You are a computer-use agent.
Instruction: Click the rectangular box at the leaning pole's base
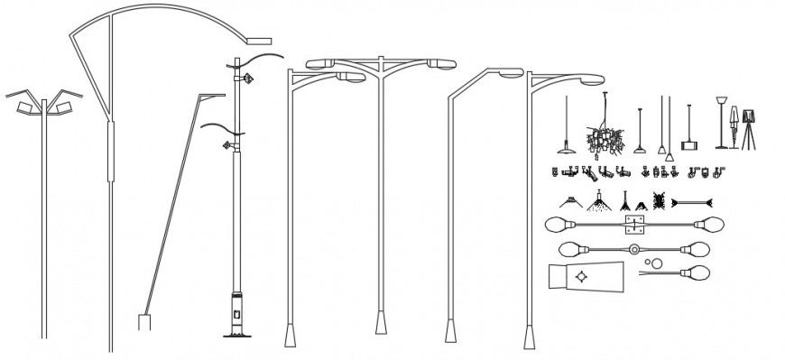(x=143, y=322)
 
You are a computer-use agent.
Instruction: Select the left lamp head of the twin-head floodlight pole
(x=25, y=107)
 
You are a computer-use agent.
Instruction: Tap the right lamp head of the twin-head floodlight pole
(x=63, y=107)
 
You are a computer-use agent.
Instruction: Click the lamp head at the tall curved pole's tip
(x=259, y=41)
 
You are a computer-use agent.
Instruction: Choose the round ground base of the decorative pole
(x=238, y=337)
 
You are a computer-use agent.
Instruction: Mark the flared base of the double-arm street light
(x=380, y=322)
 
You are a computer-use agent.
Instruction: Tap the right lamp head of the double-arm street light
(x=443, y=63)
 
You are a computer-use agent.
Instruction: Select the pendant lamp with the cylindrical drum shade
(x=690, y=143)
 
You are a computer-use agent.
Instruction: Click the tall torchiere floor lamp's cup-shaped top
(x=722, y=103)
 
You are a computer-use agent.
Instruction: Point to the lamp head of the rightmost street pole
(x=591, y=79)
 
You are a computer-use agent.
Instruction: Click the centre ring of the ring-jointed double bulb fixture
(x=634, y=249)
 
